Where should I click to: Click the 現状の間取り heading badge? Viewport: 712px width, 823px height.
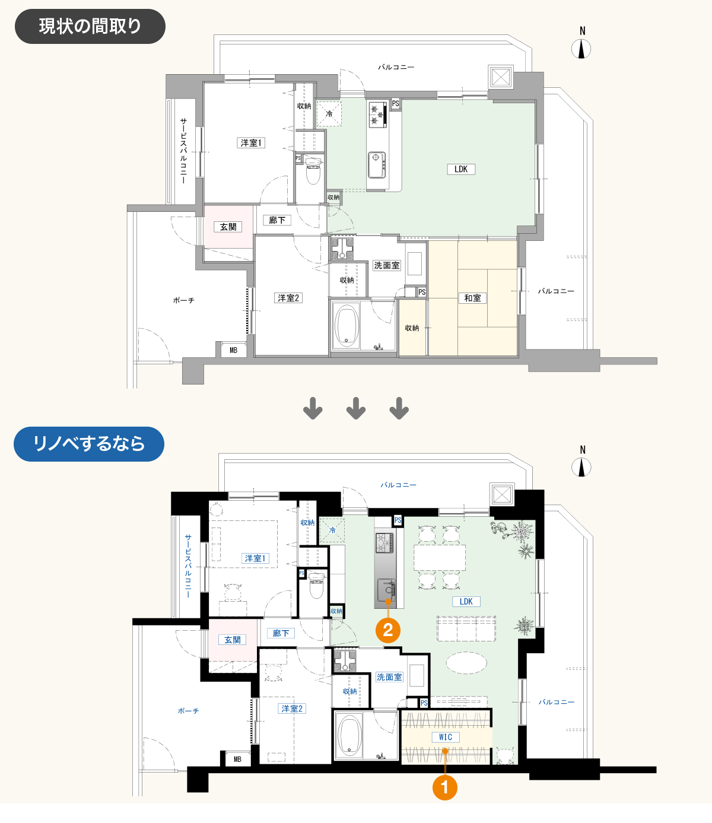coord(90,26)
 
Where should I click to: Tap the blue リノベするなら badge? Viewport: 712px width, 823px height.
coord(89,444)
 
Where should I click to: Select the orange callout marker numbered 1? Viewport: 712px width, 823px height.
coord(445,787)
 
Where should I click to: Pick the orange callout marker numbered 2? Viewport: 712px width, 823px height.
coord(388,630)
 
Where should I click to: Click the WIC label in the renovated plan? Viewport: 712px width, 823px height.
coord(446,737)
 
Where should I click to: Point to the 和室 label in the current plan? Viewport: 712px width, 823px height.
coord(472,298)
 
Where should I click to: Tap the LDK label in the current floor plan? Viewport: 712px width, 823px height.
coord(461,169)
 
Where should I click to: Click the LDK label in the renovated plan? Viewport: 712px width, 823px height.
coord(466,601)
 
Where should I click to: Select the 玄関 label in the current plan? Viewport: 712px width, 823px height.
coord(228,227)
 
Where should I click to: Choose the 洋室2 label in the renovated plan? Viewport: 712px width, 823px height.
coord(292,708)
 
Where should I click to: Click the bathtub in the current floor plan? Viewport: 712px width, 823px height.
coord(346,325)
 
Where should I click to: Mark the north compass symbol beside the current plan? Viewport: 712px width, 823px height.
coord(581,49)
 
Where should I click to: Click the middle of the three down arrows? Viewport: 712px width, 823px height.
coord(356,408)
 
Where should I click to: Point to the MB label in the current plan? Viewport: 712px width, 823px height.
coord(233,350)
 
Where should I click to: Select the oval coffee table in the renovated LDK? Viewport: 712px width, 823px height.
coord(466,663)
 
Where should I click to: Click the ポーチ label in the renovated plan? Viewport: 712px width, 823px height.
coord(188,711)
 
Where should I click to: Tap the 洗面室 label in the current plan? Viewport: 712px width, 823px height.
coord(387,266)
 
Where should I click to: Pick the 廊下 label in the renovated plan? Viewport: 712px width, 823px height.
coord(281,633)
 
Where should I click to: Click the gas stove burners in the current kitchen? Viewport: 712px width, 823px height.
coord(378,115)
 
